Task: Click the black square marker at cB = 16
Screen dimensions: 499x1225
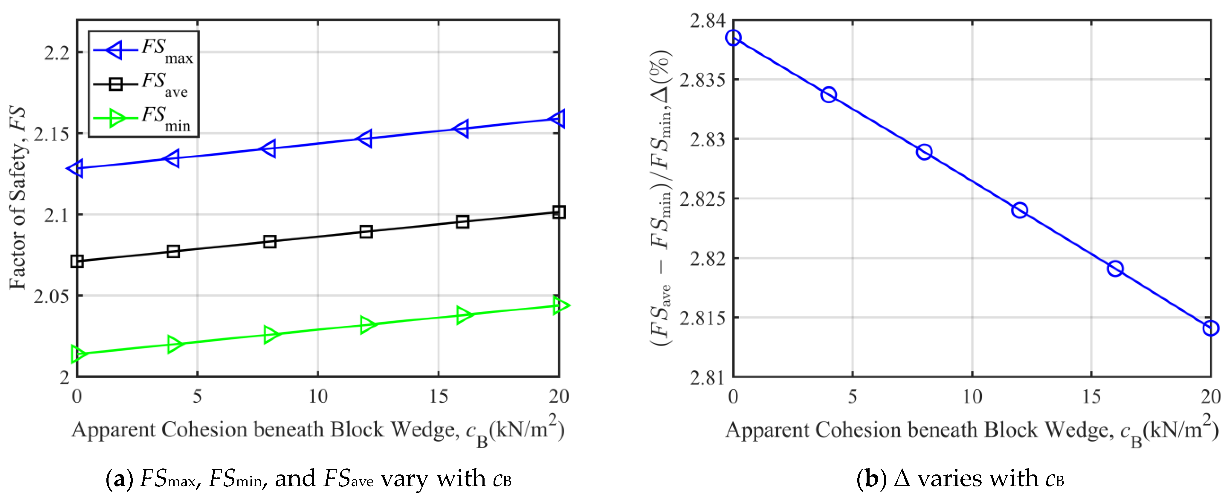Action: click(462, 222)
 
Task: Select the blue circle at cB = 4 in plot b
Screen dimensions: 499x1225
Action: click(828, 95)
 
